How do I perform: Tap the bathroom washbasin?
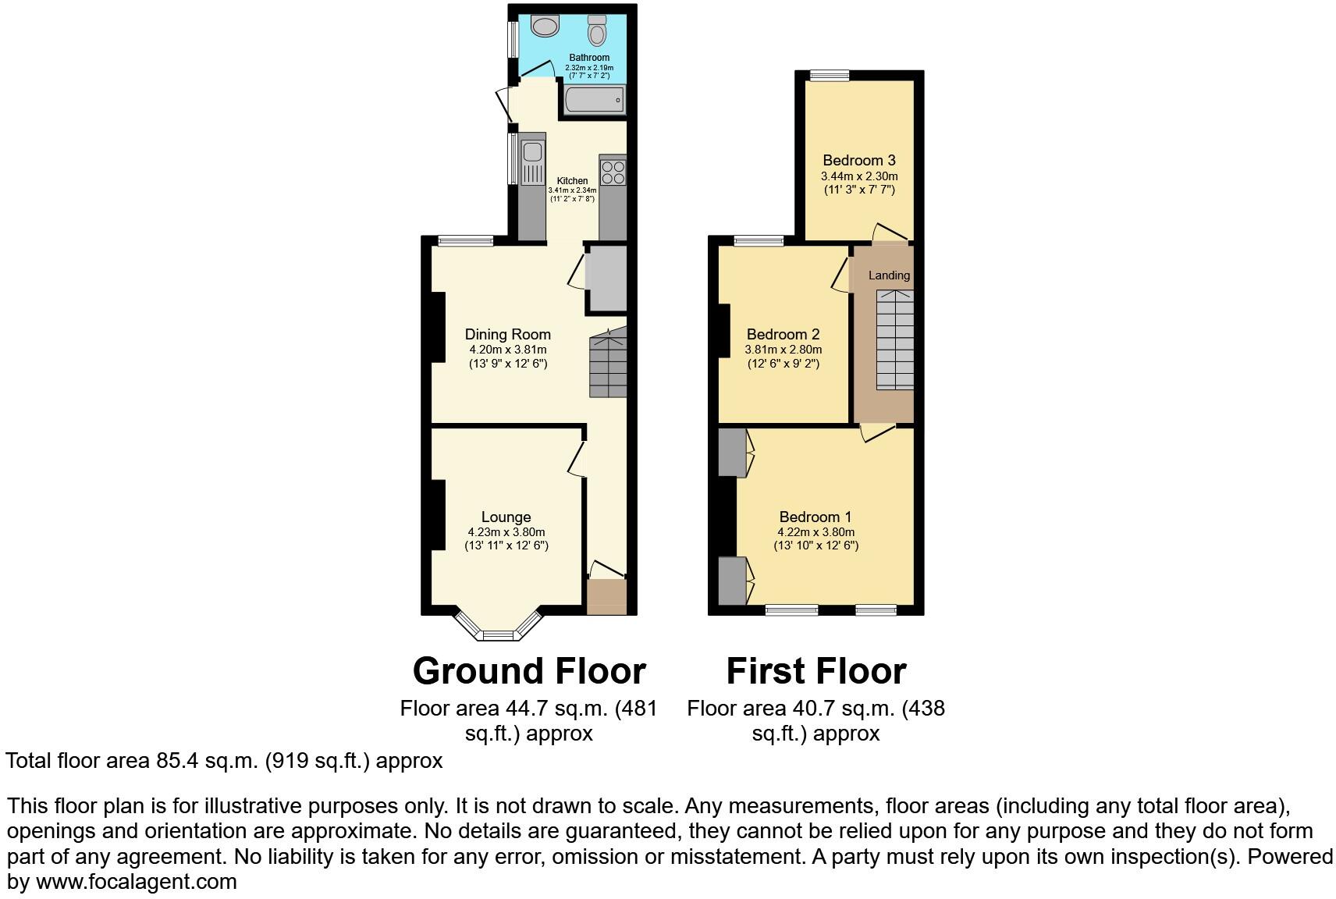(x=545, y=26)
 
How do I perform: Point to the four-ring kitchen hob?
(x=613, y=172)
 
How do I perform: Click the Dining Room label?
(x=508, y=335)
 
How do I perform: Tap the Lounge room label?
(x=506, y=517)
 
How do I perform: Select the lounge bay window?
(x=498, y=627)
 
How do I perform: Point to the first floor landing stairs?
(x=894, y=339)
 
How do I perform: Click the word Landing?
(x=889, y=275)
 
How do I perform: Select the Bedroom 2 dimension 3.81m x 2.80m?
(x=783, y=350)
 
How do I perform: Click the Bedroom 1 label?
(x=815, y=517)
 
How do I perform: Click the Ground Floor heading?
(x=529, y=671)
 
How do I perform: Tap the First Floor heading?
(x=816, y=671)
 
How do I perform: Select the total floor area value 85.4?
(x=177, y=761)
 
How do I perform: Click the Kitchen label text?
(x=572, y=181)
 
